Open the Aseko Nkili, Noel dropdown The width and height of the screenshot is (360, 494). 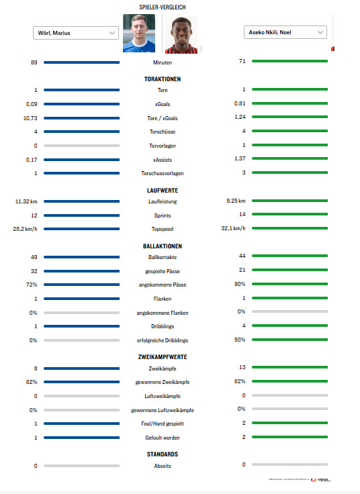click(x=285, y=32)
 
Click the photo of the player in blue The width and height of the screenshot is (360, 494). click(x=139, y=34)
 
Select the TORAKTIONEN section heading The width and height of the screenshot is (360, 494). click(x=162, y=79)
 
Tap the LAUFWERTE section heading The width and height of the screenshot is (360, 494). click(x=162, y=191)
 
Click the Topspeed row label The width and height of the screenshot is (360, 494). click(x=162, y=229)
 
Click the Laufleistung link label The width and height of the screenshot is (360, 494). click(x=162, y=201)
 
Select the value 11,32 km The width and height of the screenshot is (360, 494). click(x=26, y=201)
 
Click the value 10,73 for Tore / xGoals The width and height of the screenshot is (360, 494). click(x=30, y=117)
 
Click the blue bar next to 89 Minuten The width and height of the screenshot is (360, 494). click(x=81, y=62)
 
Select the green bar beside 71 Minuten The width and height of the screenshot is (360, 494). click(x=290, y=61)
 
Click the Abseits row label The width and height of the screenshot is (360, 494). click(x=162, y=466)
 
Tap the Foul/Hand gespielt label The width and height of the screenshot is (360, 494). click(x=162, y=424)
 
